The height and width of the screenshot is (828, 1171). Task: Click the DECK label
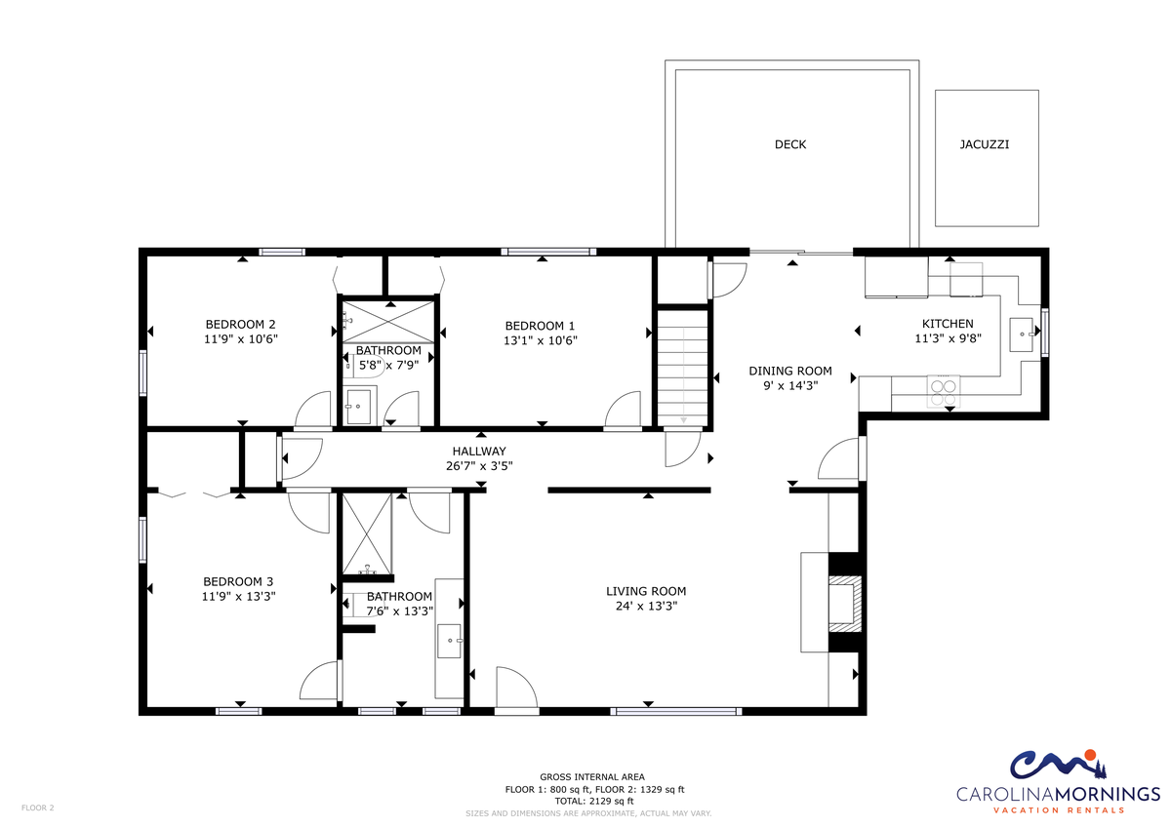coord(789,144)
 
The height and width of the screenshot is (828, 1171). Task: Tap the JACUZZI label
coord(984,144)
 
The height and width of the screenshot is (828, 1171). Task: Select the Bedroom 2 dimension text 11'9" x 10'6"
coord(240,339)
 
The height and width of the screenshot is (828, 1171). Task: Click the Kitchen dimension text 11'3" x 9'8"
coord(948,338)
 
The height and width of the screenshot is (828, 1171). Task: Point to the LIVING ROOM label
coord(646,591)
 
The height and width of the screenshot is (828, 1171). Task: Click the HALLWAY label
coord(479,451)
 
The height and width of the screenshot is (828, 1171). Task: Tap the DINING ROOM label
coord(789,371)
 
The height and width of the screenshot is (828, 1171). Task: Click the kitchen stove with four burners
coord(943,391)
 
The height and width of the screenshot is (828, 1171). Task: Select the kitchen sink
coord(1022,335)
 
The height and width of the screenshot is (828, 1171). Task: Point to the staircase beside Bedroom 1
coord(682,368)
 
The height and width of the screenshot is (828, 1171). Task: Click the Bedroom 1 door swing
coord(623,410)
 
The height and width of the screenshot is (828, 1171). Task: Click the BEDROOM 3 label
coord(238,581)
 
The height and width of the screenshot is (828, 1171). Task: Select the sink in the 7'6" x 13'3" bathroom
coord(449,641)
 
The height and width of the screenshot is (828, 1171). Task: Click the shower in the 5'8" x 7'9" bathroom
coord(388,322)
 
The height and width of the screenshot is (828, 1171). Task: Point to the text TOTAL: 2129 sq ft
coord(594,801)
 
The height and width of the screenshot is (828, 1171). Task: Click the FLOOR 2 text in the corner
coord(38,808)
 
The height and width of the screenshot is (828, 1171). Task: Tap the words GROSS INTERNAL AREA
coord(592,777)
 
